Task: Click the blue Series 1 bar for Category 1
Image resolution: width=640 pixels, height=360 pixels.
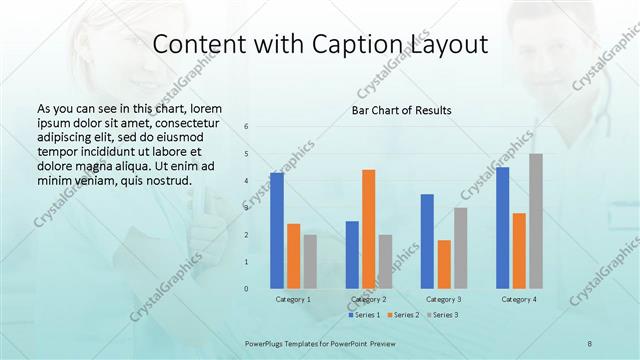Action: click(277, 230)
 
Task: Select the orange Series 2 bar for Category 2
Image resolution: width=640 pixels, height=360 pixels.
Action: click(368, 229)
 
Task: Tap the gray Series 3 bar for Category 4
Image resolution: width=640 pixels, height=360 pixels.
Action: click(536, 221)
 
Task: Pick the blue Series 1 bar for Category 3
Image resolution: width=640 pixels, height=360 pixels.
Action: click(427, 241)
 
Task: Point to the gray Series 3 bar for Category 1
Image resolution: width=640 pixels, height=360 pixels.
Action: click(310, 261)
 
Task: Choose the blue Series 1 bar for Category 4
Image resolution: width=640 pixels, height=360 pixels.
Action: click(502, 227)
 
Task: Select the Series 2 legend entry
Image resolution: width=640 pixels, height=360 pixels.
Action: click(404, 315)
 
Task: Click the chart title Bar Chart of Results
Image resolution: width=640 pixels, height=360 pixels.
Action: click(401, 110)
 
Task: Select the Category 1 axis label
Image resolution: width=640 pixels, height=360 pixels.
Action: click(293, 299)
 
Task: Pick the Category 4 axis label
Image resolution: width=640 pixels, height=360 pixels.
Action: click(519, 299)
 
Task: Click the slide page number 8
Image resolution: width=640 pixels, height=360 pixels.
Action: click(590, 343)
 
